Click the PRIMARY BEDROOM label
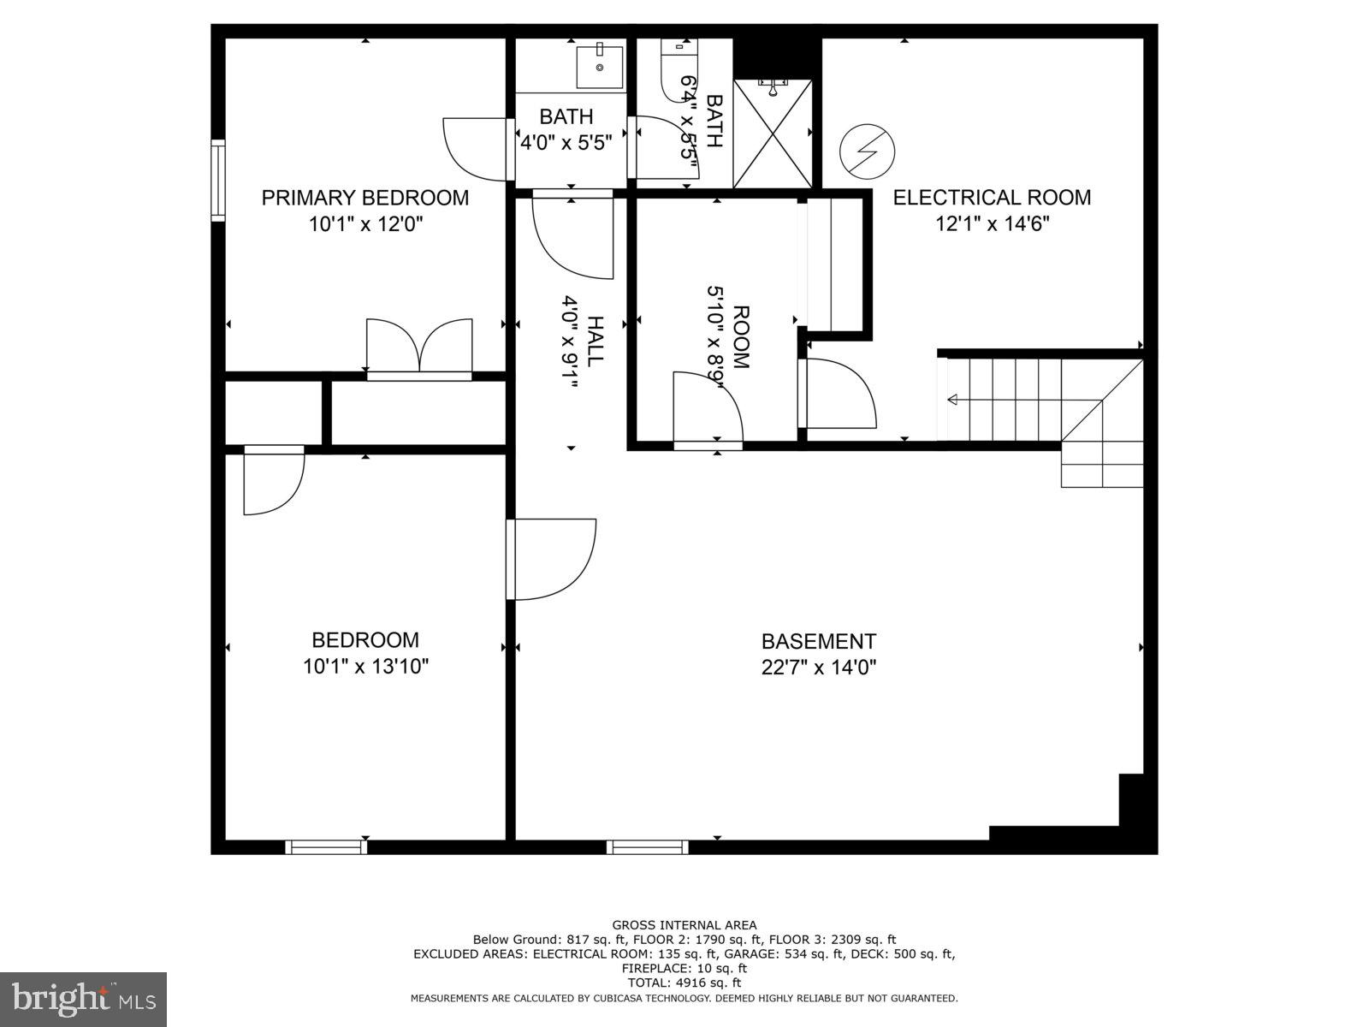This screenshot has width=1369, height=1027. tap(365, 198)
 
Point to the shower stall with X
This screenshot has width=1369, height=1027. tap(773, 134)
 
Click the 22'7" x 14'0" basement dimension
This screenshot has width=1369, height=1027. tap(819, 667)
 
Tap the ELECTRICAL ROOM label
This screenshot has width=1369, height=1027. tap(992, 198)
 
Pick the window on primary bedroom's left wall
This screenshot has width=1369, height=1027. tap(218, 181)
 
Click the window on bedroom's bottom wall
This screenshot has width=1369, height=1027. tap(326, 847)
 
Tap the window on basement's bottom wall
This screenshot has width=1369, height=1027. tap(648, 847)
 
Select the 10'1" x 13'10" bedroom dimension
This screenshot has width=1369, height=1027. tap(365, 667)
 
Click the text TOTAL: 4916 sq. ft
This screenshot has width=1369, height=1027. tap(684, 982)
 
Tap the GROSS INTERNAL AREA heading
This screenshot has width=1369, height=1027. tap(684, 924)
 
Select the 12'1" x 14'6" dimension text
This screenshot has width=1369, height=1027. tap(992, 224)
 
